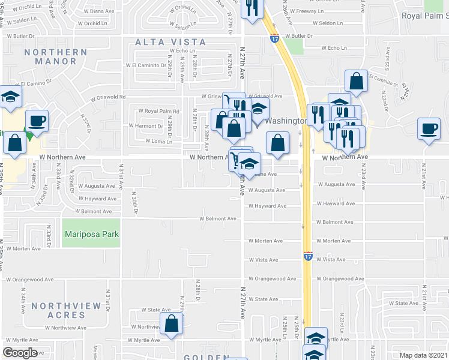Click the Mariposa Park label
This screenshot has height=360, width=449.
click(x=92, y=234)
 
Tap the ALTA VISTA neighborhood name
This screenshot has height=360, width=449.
click(x=170, y=42)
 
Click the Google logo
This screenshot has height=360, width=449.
click(x=20, y=352)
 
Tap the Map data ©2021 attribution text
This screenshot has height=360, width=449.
click(x=424, y=355)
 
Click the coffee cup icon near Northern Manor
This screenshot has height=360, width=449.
click(x=37, y=120)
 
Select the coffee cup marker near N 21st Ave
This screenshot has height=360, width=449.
click(x=430, y=129)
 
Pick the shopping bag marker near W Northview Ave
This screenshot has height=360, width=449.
click(x=172, y=323)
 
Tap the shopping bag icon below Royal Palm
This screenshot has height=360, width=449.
click(x=357, y=82)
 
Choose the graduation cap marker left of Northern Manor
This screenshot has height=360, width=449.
click(x=10, y=97)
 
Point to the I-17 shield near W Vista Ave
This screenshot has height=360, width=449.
click(x=307, y=256)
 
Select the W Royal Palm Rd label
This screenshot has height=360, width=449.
click(x=159, y=111)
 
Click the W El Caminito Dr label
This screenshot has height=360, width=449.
click(x=146, y=65)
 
